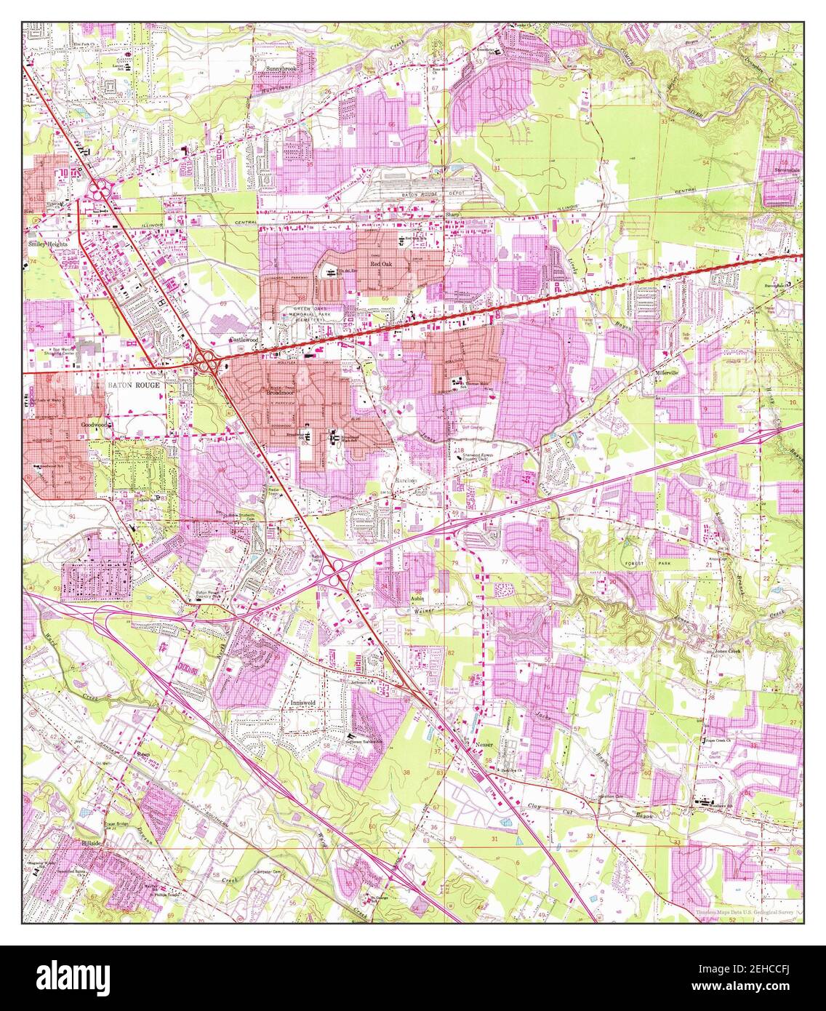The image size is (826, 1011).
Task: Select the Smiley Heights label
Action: click(x=49, y=245)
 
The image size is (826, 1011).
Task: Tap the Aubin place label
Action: click(x=417, y=597)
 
